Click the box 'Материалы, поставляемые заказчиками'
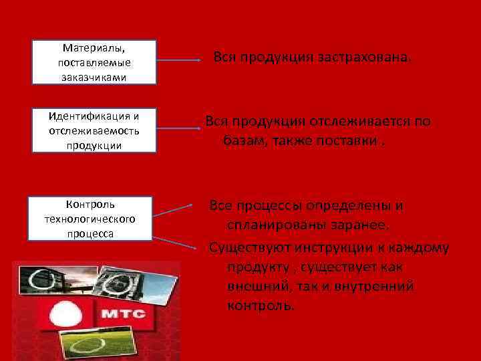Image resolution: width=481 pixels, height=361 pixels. coord(94,62)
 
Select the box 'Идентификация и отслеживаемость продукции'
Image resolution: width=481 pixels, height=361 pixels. coord(94,130)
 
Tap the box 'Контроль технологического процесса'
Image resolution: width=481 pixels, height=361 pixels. coord(90,219)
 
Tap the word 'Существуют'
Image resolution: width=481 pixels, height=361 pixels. coord(247,248)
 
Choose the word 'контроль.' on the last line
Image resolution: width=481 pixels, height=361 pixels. coord(260,306)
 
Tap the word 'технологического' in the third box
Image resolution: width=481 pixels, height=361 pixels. coord(90,219)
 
